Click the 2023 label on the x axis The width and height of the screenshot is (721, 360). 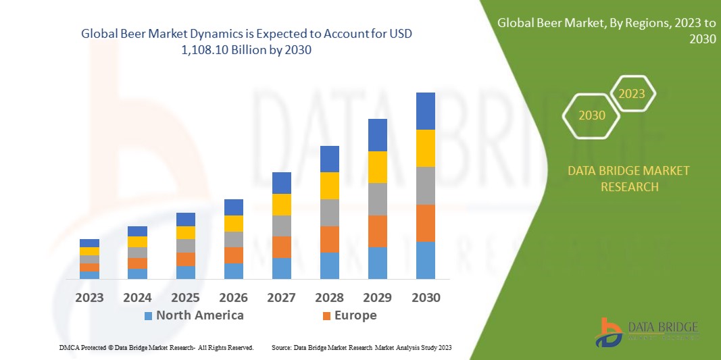(x=89, y=297)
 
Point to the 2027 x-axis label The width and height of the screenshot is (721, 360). (x=281, y=297)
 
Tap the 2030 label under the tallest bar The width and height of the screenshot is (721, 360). (x=425, y=297)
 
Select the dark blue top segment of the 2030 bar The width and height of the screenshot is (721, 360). (x=425, y=111)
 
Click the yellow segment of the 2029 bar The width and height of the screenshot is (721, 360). (x=377, y=167)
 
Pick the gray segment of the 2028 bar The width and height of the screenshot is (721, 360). (x=329, y=212)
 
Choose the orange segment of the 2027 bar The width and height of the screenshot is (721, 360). (x=281, y=247)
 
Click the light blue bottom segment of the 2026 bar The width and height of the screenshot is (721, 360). (x=233, y=270)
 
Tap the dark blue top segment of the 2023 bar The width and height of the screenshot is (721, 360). (x=89, y=243)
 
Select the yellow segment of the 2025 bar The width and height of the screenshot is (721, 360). (x=185, y=232)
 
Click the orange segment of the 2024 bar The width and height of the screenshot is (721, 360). (x=137, y=263)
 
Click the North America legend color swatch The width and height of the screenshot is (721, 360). (x=148, y=316)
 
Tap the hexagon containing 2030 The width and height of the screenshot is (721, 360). (x=592, y=115)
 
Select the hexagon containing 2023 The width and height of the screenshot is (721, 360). (x=632, y=93)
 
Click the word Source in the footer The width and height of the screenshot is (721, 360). (x=281, y=347)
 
